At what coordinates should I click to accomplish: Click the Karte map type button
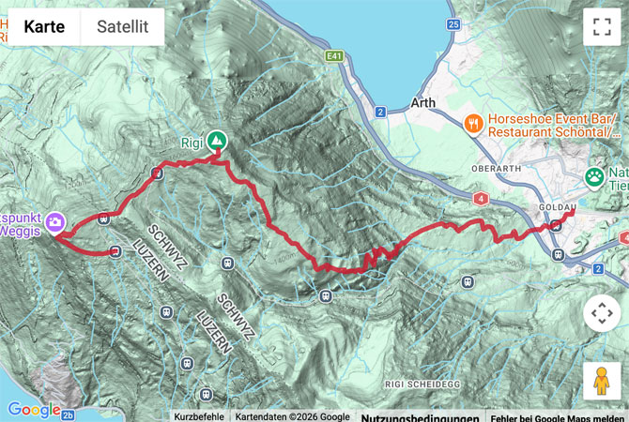[x=44, y=27]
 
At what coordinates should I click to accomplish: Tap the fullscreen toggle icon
[x=602, y=27]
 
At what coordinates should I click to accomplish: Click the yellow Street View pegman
[x=602, y=381]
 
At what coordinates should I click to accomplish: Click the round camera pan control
[x=602, y=314]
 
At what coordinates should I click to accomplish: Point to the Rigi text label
[x=192, y=143]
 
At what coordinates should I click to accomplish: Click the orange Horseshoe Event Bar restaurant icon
[x=474, y=122]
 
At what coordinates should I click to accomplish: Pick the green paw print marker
[x=594, y=176]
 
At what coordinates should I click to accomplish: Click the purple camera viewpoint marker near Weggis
[x=55, y=222]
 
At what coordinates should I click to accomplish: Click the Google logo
[x=34, y=409]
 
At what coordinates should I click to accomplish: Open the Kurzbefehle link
[x=198, y=416]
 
